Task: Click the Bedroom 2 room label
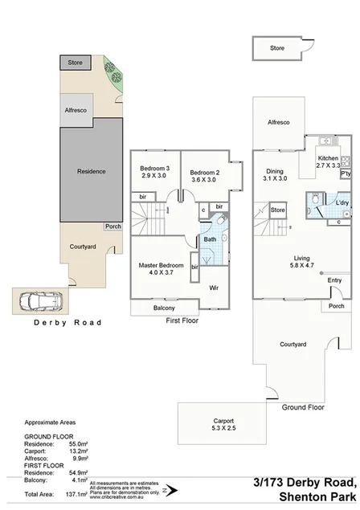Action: (x=204, y=172)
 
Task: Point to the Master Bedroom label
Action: (x=161, y=265)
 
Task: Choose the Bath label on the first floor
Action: (x=210, y=239)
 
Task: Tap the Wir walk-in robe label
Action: (x=215, y=287)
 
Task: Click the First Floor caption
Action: (x=182, y=320)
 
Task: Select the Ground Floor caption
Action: (x=302, y=407)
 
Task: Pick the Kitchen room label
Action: (x=329, y=159)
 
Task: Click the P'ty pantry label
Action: (x=346, y=173)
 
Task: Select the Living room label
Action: (x=304, y=259)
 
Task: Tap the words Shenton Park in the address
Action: (x=314, y=497)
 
